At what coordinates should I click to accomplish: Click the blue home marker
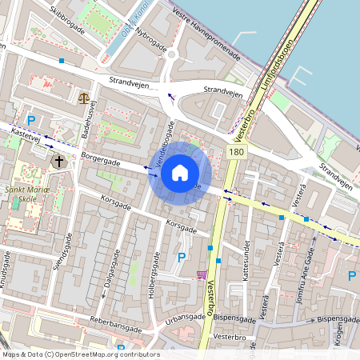(180, 173)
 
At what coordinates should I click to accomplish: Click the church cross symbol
(58, 162)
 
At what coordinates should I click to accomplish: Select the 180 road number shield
(235, 151)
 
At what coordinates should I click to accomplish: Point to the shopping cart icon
(200, 274)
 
